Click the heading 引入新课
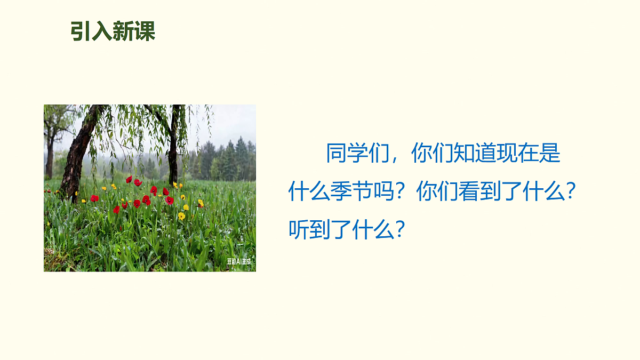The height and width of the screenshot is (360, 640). coord(113,31)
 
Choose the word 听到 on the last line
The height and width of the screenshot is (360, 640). coord(310,229)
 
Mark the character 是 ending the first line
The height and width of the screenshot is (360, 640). coord(550,154)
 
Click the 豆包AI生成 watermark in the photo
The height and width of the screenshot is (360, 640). coord(238,261)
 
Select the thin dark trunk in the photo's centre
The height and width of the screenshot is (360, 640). coord(173,155)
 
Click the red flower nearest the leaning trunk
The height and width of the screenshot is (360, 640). coord(94,198)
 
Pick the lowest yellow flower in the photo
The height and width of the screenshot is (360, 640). coord(181,216)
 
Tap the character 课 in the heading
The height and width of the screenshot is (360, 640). coord(145,31)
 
